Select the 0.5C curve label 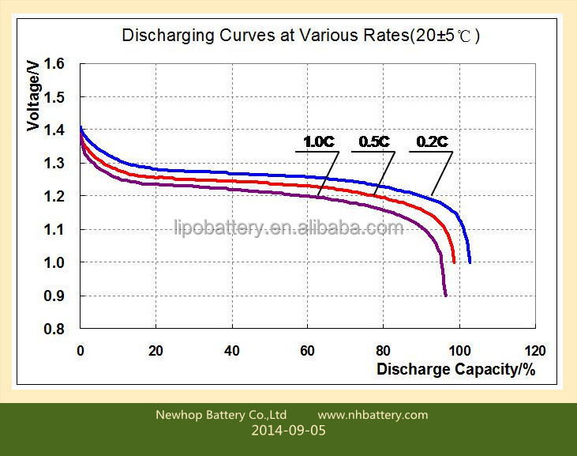pos(374,142)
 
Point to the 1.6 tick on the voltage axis pos(54,64)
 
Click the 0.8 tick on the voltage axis pos(54,329)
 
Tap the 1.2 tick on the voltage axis pos(54,196)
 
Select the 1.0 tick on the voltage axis pos(54,262)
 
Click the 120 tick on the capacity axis pos(535,351)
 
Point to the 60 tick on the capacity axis pos(307,351)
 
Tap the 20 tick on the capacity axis pos(156,351)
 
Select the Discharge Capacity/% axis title pos(455,369)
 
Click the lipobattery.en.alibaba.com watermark pos(288,228)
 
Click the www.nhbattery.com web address pos(373,415)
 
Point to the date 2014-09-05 pos(288,432)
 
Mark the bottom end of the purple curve pos(446,295)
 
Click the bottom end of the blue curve pos(470,262)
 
